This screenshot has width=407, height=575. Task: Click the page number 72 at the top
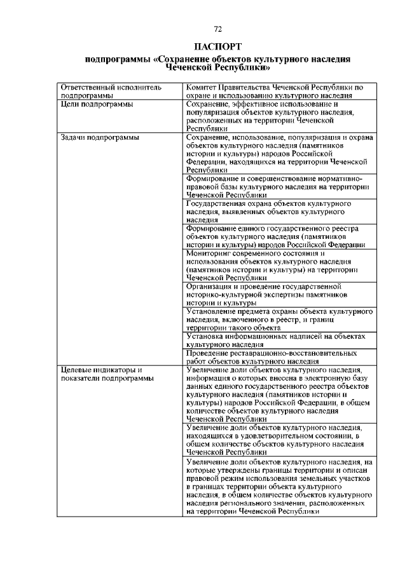217,29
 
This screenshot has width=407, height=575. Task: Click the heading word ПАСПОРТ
217,46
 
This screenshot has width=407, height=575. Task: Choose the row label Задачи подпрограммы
99,137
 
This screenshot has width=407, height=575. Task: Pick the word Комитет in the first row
202,86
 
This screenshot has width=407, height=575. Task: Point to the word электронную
326,377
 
